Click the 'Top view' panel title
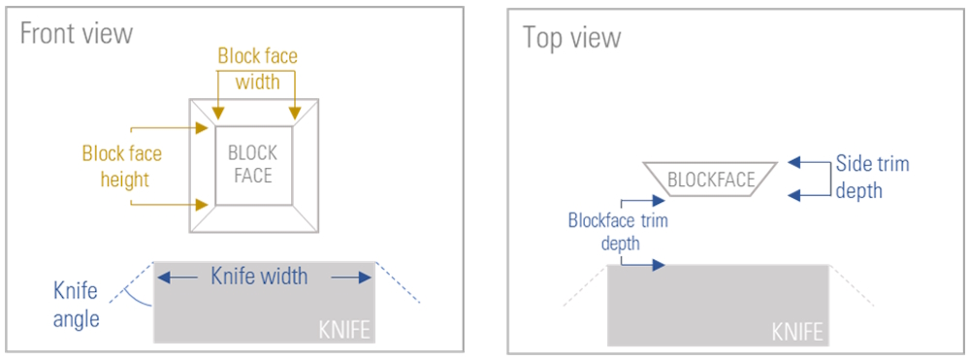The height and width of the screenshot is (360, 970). coord(571,38)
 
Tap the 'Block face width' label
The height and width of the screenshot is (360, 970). coord(257,69)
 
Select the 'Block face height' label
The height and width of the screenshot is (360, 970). coord(121,166)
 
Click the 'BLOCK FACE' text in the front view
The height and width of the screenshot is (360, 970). coord(252,165)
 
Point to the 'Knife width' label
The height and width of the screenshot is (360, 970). coord(259,277)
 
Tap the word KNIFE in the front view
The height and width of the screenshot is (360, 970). coord(344,330)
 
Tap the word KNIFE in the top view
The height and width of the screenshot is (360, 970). coord(797,332)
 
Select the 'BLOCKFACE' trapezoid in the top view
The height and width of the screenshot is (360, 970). coord(711,180)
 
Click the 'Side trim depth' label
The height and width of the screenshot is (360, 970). coord(873,177)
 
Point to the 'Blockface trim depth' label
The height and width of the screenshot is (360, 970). coord(618,231)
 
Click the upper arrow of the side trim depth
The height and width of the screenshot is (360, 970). coord(808,163)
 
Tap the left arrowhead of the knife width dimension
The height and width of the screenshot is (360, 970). coord(166,277)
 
